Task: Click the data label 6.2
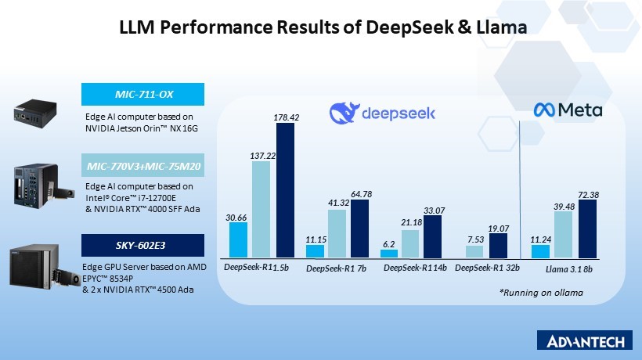pyautogui.click(x=388, y=243)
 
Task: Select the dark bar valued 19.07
pyautogui.click(x=496, y=245)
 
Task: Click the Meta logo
pyautogui.click(x=568, y=110)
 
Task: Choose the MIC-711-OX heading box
pyautogui.click(x=143, y=95)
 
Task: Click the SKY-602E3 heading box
pyautogui.click(x=143, y=245)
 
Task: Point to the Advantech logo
pyautogui.click(x=586, y=341)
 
